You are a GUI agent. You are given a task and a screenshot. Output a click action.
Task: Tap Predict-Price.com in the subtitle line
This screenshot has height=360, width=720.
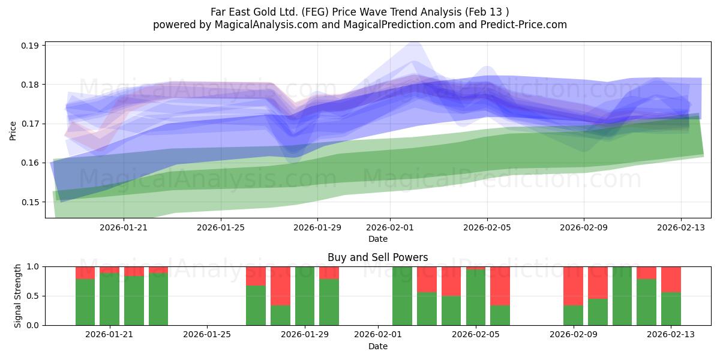point(524,25)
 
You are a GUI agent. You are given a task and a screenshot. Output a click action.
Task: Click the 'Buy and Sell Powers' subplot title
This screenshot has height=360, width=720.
point(377,257)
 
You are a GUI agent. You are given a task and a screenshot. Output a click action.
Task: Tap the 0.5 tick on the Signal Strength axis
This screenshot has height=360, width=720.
point(33,296)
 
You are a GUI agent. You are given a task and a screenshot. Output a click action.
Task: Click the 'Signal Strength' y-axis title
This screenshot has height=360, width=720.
point(17,296)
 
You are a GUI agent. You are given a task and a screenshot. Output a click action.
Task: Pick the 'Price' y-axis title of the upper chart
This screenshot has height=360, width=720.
point(13,131)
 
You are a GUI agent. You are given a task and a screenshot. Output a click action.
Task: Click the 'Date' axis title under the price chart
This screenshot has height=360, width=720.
point(377,239)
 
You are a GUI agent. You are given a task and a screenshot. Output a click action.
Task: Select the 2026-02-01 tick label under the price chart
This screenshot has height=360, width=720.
point(390,227)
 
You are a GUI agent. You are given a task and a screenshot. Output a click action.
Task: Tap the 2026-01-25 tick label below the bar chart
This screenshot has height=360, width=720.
point(207,335)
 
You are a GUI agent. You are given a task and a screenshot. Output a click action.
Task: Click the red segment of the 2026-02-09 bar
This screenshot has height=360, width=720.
point(573,286)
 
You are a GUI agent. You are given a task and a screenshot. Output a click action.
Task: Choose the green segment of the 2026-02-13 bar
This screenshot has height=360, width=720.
point(671,309)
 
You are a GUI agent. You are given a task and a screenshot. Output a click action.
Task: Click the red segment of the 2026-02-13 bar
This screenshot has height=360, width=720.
point(671,280)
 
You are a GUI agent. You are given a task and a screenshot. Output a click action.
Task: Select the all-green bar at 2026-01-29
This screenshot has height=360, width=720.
point(305,296)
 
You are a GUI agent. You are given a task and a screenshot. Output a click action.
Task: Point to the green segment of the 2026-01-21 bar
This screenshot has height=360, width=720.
point(109,299)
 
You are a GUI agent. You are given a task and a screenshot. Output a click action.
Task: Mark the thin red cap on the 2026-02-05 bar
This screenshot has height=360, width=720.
point(476,268)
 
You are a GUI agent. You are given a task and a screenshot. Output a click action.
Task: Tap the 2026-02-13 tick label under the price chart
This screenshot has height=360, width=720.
point(681,227)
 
